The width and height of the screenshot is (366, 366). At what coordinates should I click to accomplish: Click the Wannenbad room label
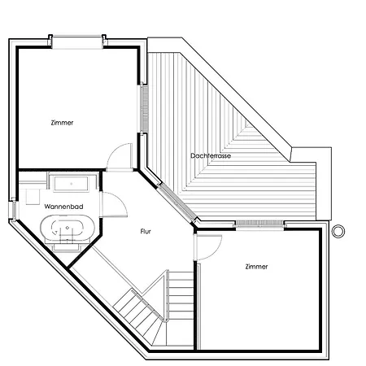pos(63,207)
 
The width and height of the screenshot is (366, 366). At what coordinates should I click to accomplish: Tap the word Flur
pos(146,231)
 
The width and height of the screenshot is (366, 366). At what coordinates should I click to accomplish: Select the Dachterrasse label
pos(211,156)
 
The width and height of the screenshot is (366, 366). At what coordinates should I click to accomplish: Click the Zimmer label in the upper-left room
pos(62,123)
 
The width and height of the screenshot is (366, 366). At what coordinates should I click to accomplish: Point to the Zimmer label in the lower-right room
pos(256,267)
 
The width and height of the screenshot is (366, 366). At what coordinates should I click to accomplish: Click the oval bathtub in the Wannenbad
pos(68,228)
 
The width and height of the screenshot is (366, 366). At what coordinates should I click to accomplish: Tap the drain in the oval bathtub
pos(68,228)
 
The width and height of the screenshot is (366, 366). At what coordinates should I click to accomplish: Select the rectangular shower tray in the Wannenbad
pos(72,184)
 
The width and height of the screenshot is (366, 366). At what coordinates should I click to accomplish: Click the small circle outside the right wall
pos(338,232)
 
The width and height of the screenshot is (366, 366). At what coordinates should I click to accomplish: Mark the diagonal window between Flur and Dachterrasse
pos(176,203)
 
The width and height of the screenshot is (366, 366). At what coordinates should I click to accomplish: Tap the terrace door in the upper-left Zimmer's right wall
pos(145,108)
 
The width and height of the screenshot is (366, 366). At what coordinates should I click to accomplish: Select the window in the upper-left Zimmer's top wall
pos(77,42)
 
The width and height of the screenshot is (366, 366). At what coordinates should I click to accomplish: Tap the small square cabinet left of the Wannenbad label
pos(33,196)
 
